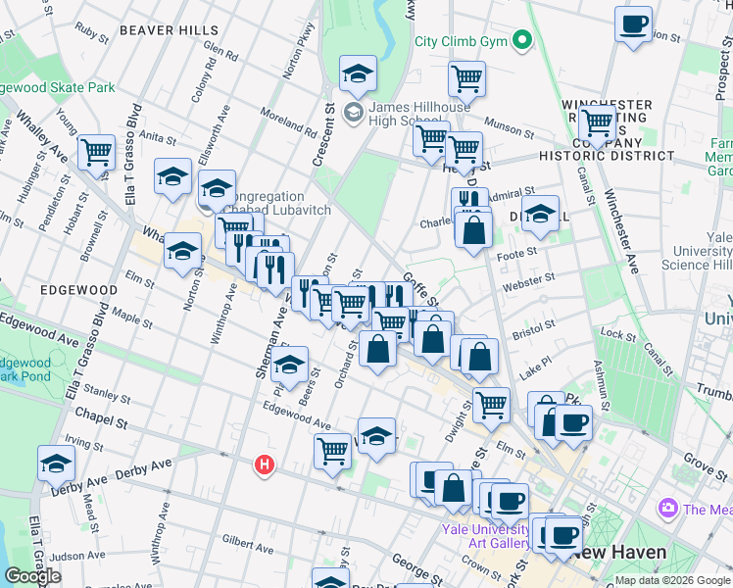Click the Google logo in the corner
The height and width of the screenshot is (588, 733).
pos(32,576)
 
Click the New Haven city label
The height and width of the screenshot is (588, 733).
pos(619,552)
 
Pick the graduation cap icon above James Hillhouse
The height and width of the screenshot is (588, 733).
pos(358,73)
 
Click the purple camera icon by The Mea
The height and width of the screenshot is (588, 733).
pos(668,508)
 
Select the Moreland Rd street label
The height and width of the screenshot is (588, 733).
pos(288,122)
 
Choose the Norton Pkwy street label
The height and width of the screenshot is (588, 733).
pos(297,65)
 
